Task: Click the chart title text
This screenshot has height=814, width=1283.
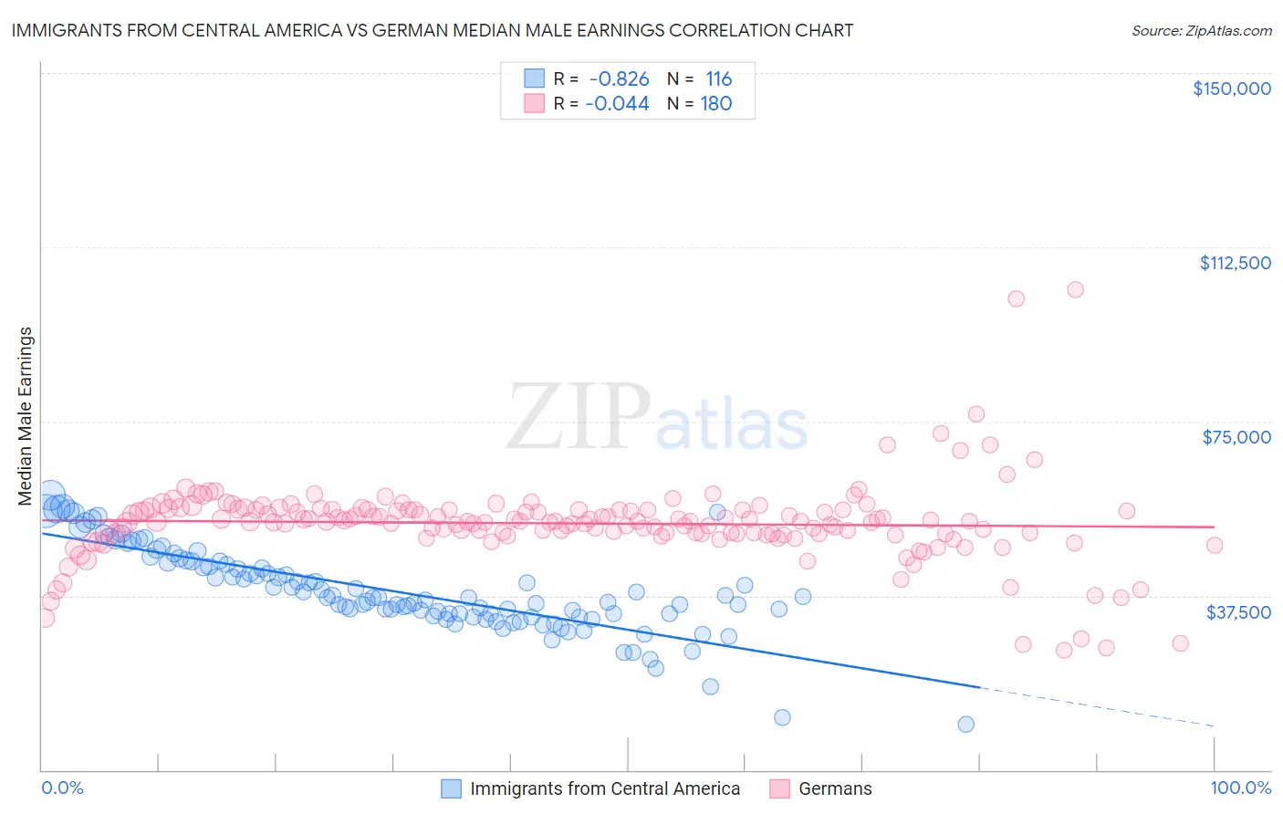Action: coord(433,30)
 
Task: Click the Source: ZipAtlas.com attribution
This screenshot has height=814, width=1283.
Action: coord(1201,30)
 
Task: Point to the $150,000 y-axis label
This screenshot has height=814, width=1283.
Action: coord(1231,89)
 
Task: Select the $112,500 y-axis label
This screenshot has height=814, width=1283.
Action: coord(1235,263)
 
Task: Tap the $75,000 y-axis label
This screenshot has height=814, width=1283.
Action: coord(1236,437)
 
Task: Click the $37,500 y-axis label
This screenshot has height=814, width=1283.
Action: coord(1237,612)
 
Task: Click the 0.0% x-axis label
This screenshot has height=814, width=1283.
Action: coord(62,788)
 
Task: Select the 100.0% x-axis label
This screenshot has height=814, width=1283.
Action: coord(1240,788)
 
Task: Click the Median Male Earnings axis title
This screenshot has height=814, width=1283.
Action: coord(26,416)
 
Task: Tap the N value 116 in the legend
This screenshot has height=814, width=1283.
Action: coord(718,79)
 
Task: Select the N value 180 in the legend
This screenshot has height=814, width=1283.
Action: coord(715,104)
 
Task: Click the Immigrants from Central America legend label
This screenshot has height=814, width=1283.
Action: coord(604,788)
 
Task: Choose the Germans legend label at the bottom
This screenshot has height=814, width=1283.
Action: coord(835,788)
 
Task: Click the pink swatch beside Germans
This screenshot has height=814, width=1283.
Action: coord(779,788)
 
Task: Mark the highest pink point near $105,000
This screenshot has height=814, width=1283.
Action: coord(1075,289)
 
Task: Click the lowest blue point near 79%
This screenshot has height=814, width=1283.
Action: coord(965,724)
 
